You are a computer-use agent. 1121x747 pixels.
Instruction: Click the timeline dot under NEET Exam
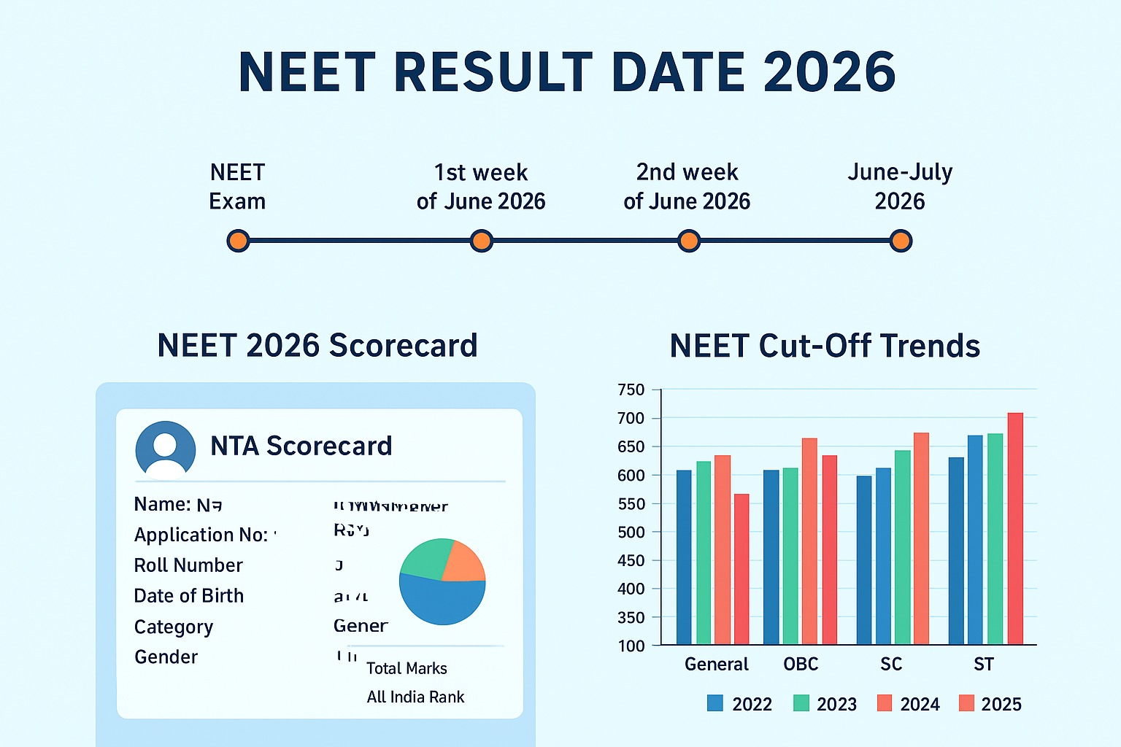238,241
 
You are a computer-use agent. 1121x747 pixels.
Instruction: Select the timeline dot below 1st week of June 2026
481,241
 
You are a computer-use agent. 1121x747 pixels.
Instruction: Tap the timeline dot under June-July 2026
901,241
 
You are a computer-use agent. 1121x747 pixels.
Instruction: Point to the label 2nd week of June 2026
687,187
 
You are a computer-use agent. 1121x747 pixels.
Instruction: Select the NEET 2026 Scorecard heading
317,346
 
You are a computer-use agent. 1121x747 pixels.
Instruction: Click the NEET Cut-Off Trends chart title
825,346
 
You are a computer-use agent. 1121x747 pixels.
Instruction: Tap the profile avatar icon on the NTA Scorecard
166,450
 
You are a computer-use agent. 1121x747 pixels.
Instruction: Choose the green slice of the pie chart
425,559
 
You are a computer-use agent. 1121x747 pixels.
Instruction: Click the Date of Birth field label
188,596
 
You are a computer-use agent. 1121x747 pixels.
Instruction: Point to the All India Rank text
415,697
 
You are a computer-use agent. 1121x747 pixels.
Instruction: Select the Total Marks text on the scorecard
407,668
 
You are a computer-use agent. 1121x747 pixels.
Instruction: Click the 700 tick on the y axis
631,418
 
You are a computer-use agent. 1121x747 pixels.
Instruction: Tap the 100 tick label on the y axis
631,646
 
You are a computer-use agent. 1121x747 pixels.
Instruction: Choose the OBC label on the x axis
801,665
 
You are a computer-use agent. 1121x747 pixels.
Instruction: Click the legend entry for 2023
825,704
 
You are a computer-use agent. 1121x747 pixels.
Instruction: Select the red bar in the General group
741,569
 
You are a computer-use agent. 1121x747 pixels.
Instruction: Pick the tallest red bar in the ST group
1015,528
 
